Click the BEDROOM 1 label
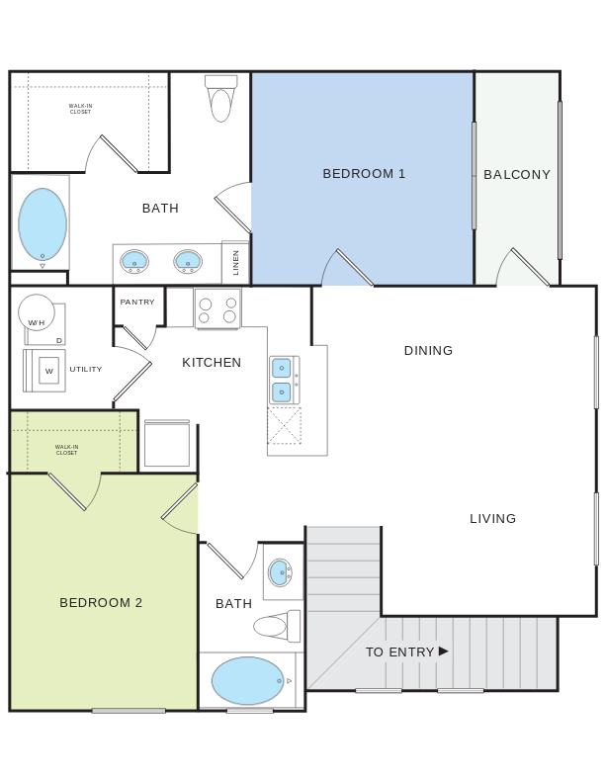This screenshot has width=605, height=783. [364, 174]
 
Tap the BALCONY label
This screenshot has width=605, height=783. [517, 175]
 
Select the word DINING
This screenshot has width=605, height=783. [428, 351]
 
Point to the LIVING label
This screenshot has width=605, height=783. [492, 519]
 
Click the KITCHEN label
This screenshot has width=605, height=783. [212, 363]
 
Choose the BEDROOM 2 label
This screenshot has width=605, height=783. [101, 603]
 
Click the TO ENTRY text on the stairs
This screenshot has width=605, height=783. [399, 652]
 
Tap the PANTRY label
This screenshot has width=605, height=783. [137, 303]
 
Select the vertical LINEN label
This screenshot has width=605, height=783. [236, 263]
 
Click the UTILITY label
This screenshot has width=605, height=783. [86, 370]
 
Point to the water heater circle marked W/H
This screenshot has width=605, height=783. [37, 312]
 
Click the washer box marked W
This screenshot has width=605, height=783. [48, 371]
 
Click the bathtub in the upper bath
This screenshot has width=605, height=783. [43, 224]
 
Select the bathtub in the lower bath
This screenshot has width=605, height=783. [248, 680]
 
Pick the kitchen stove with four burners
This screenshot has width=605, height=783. [217, 309]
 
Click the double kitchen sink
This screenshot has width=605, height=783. [282, 381]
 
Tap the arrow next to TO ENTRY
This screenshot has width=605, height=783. [444, 651]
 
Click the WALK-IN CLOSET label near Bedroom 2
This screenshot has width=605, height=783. [66, 450]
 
